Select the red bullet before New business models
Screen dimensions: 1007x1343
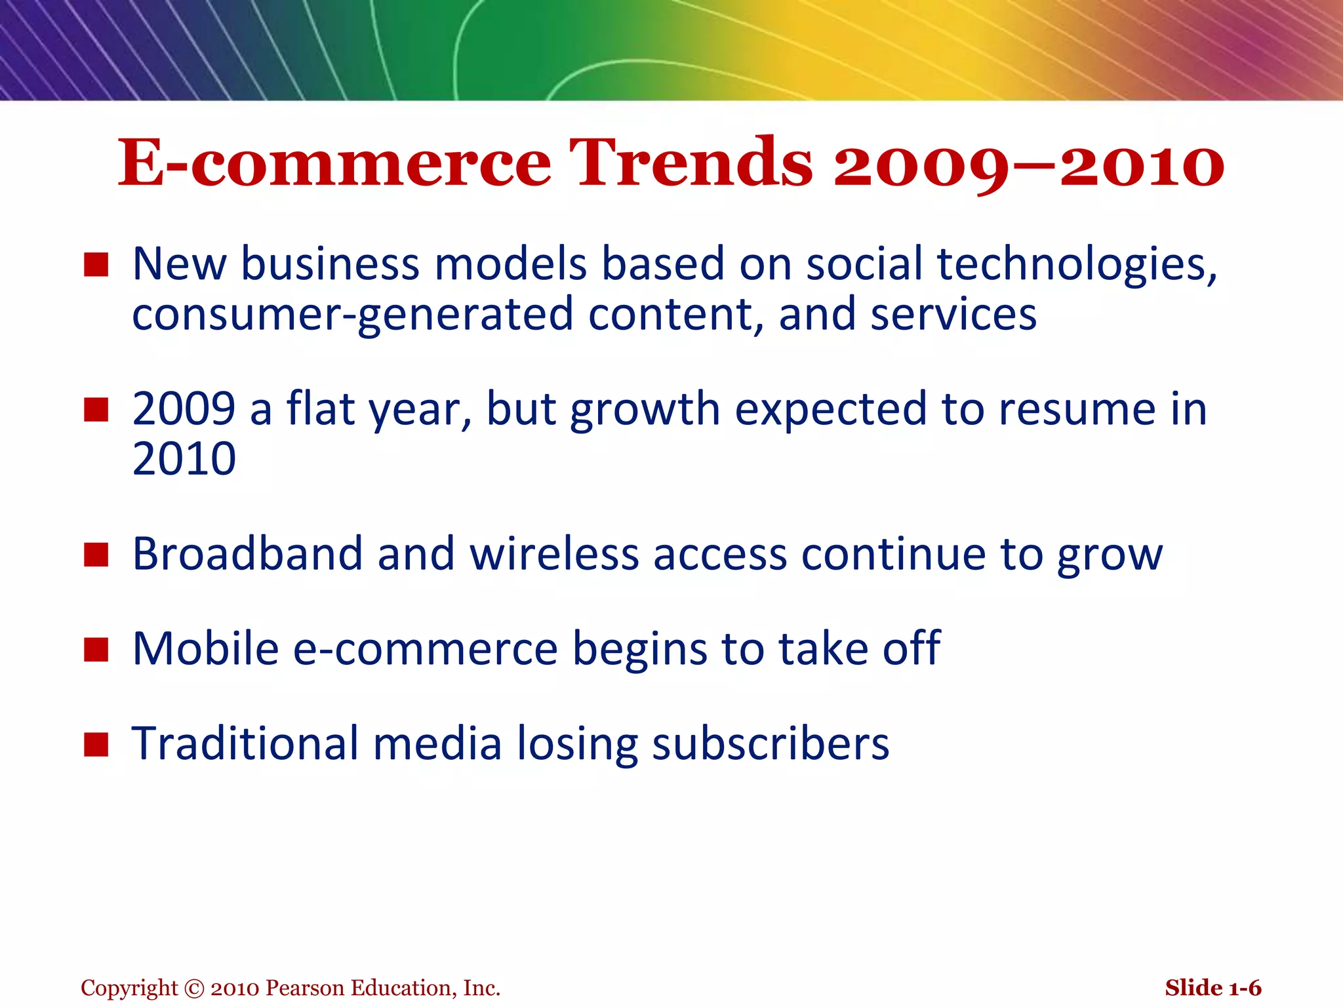[96, 266]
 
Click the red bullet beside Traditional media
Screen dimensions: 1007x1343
[96, 745]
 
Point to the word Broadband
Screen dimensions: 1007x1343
[247, 554]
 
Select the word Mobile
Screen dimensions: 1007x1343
[205, 648]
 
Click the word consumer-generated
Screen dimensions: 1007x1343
[352, 315]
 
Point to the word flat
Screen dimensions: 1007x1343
[320, 408]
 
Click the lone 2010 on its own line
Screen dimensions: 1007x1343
[184, 458]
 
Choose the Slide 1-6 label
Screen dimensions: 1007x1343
[1213, 988]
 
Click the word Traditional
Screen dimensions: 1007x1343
[245, 744]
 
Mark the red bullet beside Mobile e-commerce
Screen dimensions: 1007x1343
[96, 650]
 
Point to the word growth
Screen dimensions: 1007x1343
[645, 410]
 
